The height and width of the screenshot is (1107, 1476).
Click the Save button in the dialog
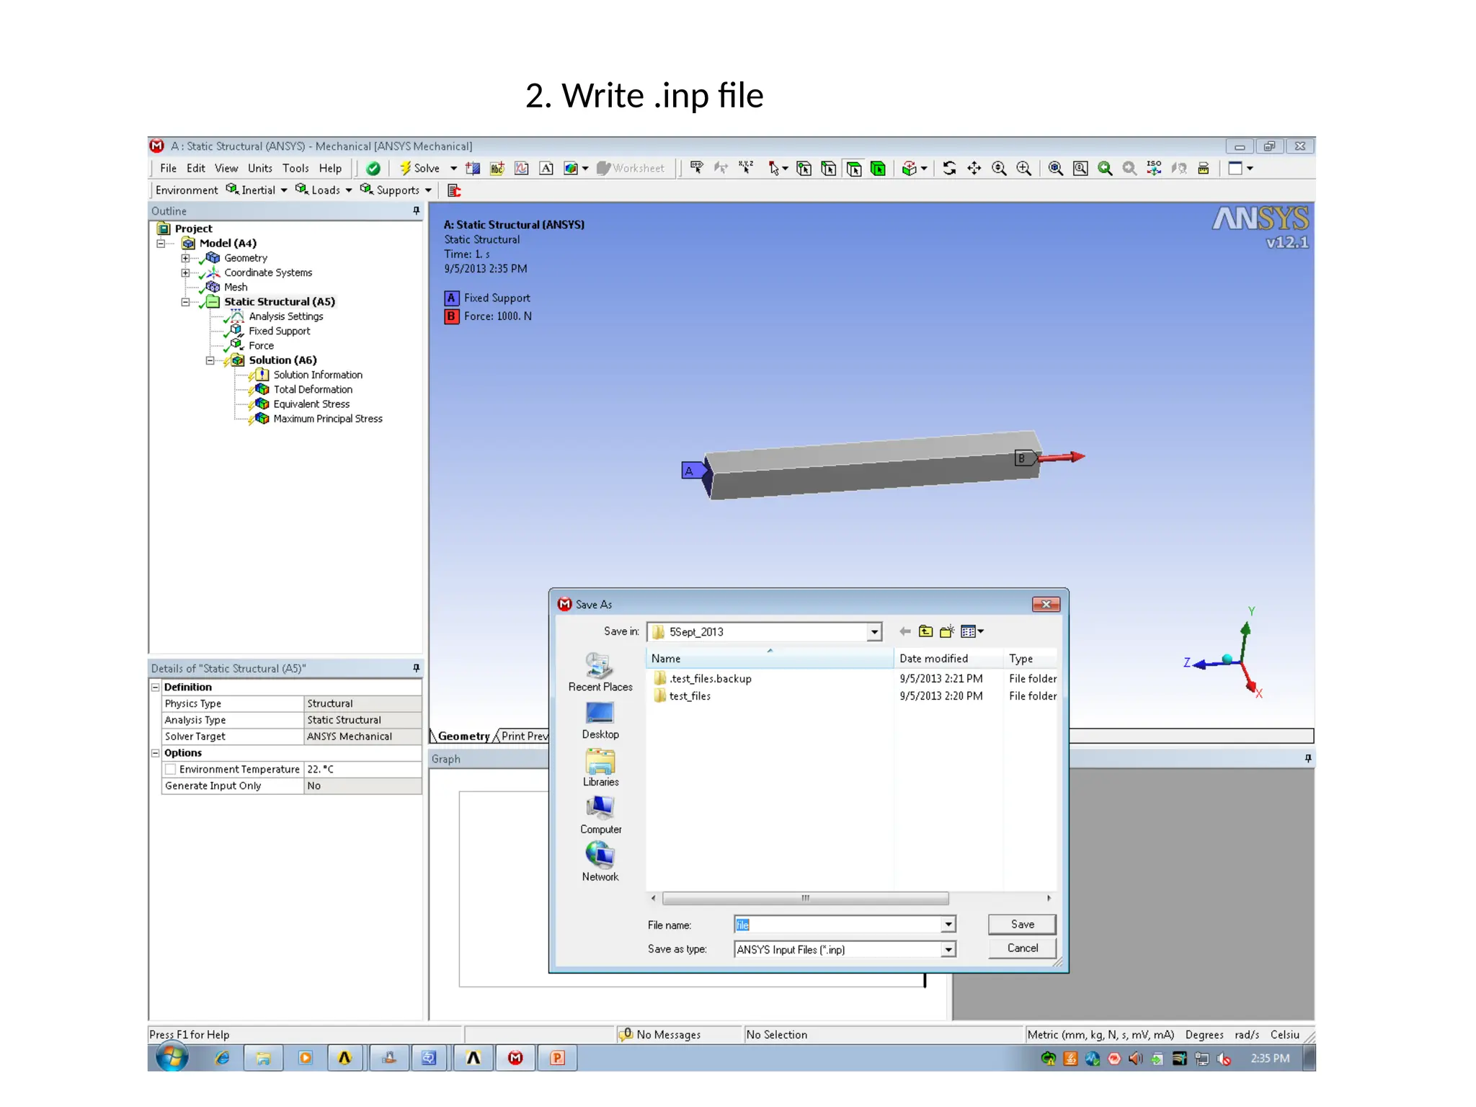pyautogui.click(x=1021, y=924)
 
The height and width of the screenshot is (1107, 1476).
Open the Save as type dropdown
pyautogui.click(x=948, y=950)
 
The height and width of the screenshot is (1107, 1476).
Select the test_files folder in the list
pyautogui.click(x=689, y=696)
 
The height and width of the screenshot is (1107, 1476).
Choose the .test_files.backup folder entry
pyautogui.click(x=709, y=679)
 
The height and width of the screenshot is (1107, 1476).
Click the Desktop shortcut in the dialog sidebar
pyautogui.click(x=600, y=720)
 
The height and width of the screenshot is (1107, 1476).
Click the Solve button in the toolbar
pyautogui.click(x=420, y=169)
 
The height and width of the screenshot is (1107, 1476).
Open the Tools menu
pyautogui.click(x=295, y=169)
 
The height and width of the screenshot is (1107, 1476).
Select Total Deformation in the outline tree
pyautogui.click(x=313, y=390)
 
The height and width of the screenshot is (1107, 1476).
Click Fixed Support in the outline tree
pyautogui.click(x=280, y=332)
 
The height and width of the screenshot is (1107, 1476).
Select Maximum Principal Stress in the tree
pyautogui.click(x=327, y=419)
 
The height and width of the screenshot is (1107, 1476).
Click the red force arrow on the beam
pyautogui.click(x=1064, y=457)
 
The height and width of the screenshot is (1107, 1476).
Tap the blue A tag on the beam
pyautogui.click(x=690, y=471)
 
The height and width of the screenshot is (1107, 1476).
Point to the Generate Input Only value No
pyautogui.click(x=314, y=786)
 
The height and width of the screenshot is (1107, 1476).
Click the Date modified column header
pyautogui.click(x=933, y=659)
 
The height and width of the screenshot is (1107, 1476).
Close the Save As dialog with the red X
pyautogui.click(x=1046, y=604)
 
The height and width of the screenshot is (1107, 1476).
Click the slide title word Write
pyautogui.click(x=603, y=96)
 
